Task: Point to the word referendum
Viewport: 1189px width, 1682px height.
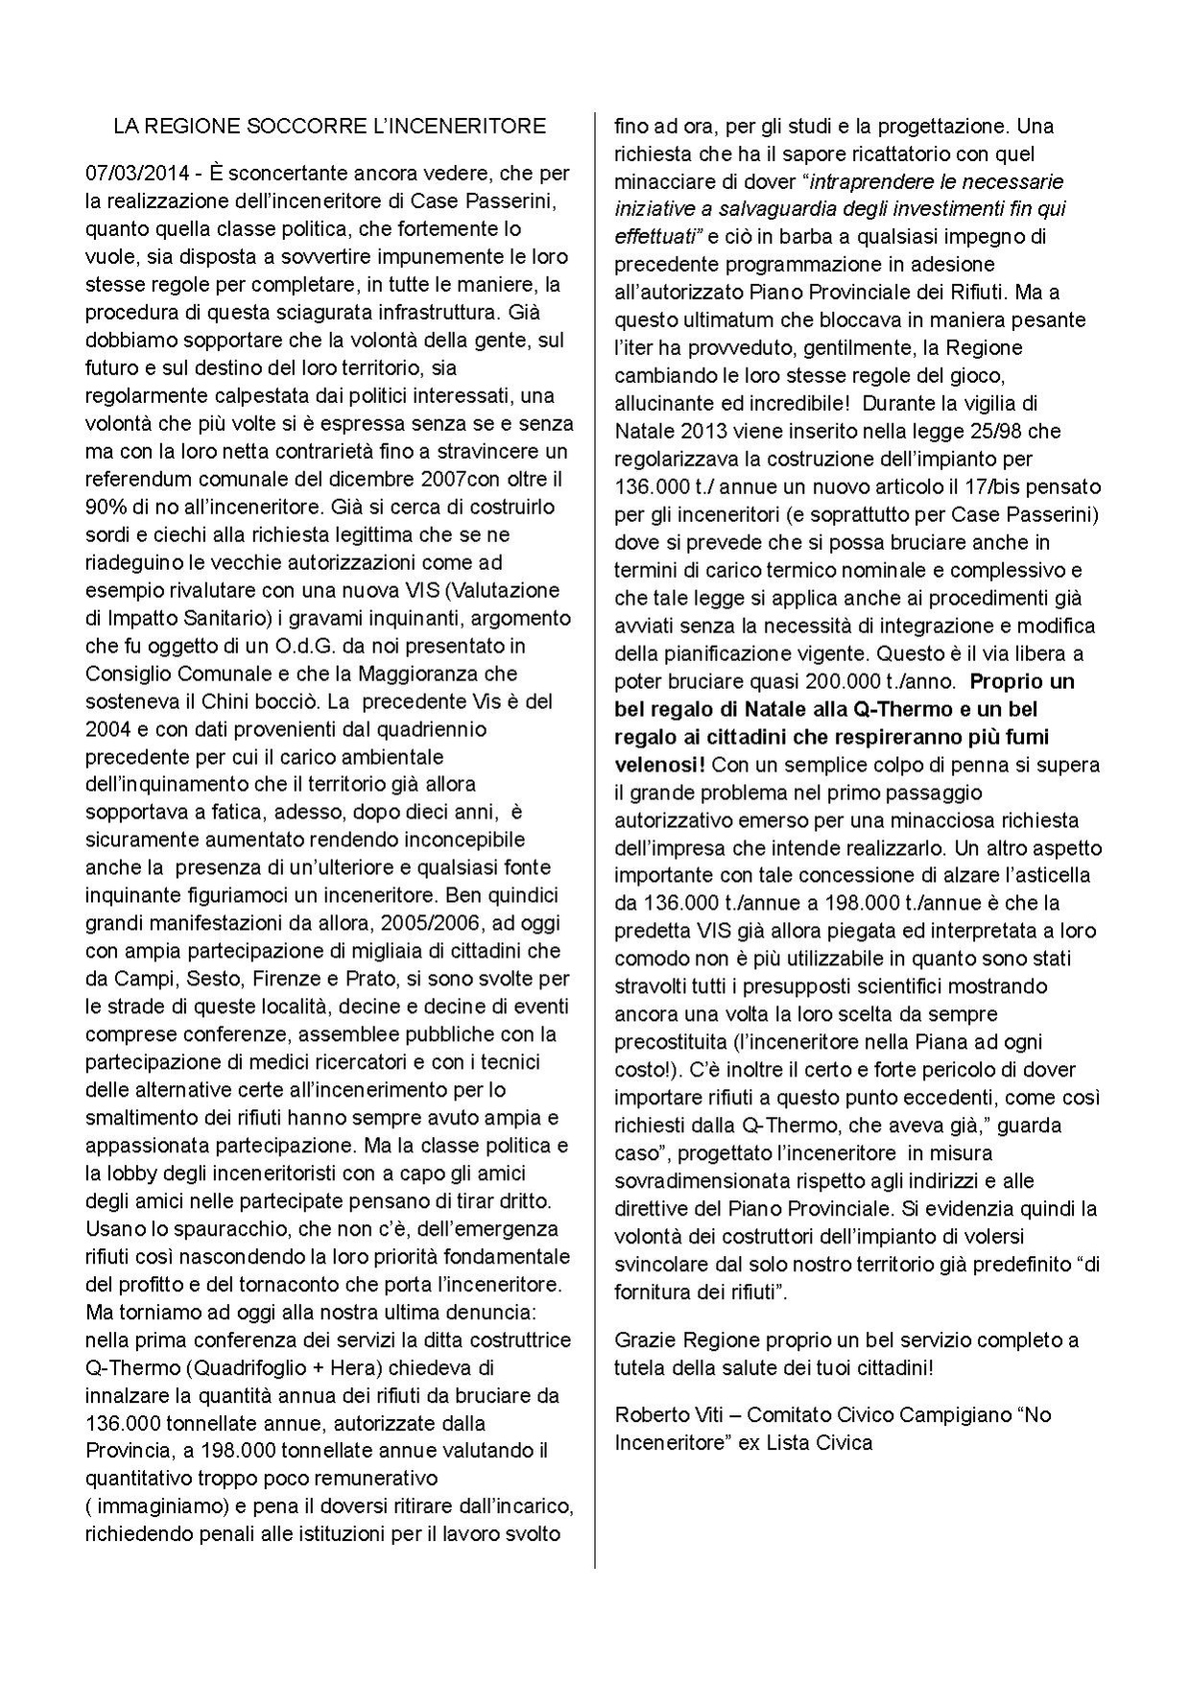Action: tap(134, 479)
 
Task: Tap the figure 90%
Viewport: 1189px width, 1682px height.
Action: tap(106, 507)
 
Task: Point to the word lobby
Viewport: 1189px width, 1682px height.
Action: tap(133, 1173)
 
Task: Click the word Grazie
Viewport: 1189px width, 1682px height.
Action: tap(642, 1339)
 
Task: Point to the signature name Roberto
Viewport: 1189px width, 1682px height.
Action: tap(648, 1414)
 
